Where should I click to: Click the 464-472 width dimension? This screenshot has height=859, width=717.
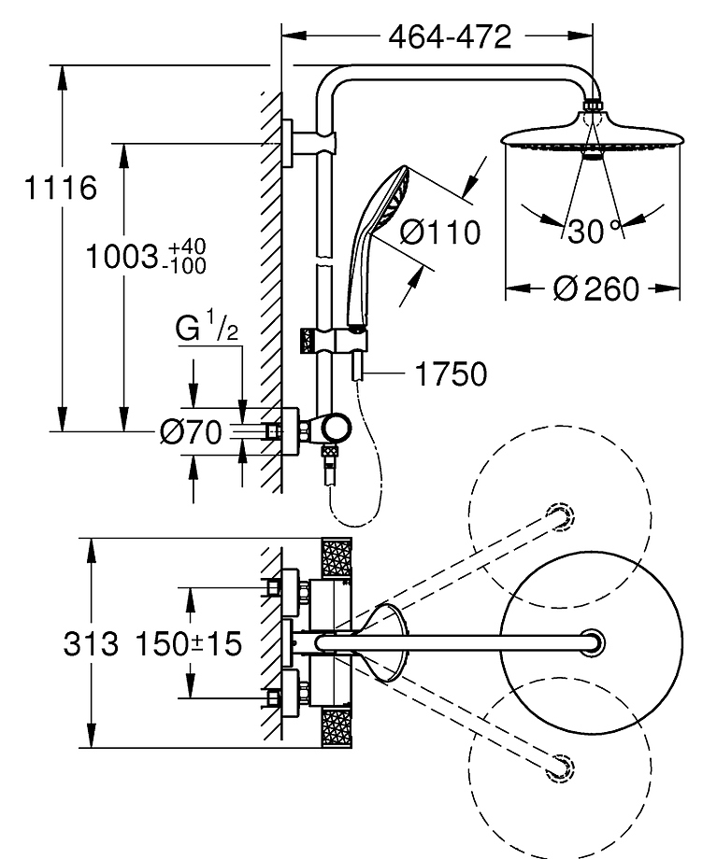(x=451, y=36)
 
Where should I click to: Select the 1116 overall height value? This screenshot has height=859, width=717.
(x=61, y=189)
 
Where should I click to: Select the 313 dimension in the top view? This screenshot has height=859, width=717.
(x=93, y=643)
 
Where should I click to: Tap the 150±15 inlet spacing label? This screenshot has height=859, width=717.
(x=188, y=643)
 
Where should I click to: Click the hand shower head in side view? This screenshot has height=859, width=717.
(x=386, y=196)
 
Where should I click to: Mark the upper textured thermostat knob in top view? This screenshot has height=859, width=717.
(x=335, y=559)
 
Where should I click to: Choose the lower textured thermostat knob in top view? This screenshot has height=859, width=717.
(x=335, y=728)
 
